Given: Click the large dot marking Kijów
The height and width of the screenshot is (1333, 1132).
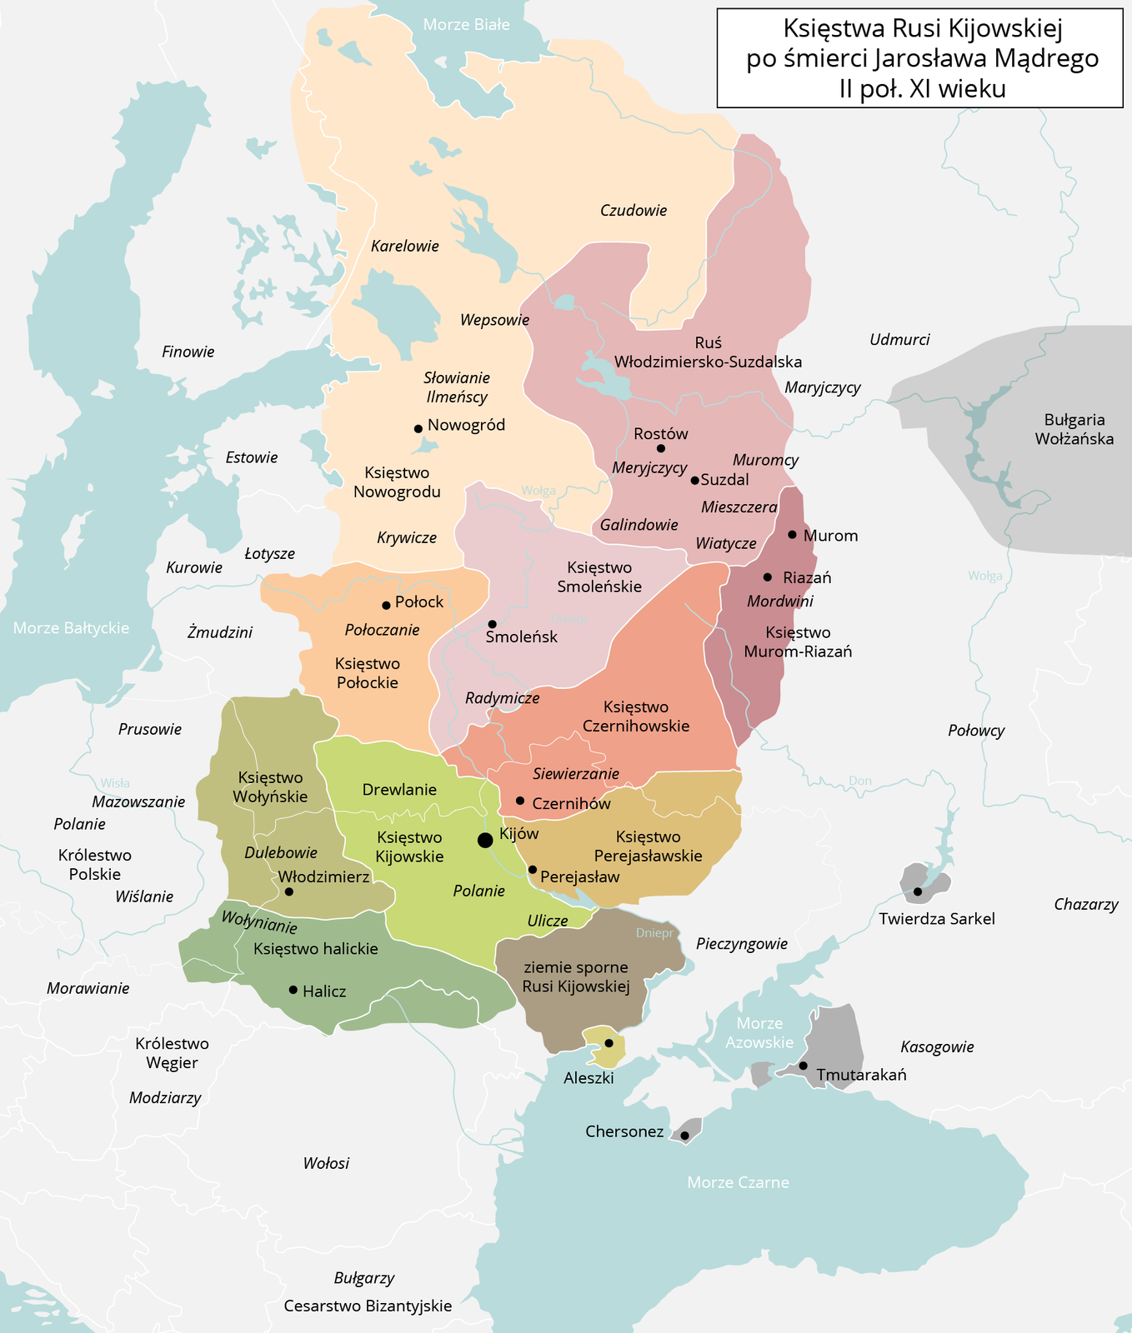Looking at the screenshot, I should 484,840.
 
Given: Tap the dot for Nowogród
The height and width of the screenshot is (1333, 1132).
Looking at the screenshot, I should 418,428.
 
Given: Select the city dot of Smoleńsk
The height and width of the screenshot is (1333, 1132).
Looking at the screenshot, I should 493,624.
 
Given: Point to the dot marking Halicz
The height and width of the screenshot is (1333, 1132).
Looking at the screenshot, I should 293,990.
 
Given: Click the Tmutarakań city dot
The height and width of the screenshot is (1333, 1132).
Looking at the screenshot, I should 804,1066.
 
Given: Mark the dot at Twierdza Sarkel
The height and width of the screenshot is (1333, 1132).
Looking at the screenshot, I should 918,891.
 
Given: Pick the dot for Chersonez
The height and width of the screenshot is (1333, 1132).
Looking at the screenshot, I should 684,1136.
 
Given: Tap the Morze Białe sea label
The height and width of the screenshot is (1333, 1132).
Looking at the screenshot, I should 466,25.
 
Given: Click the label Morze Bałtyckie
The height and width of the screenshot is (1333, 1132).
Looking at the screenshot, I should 71,627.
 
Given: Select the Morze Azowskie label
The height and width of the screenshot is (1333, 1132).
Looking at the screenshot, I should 759,1032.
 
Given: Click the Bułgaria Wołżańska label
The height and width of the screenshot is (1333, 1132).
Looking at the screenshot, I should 1074,429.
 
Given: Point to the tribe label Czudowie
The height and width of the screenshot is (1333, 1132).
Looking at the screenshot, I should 634,211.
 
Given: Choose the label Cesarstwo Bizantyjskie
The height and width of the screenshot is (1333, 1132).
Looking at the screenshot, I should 368,1306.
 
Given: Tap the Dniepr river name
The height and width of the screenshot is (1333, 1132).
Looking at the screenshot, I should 654,933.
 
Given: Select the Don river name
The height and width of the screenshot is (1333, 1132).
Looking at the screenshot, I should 859,781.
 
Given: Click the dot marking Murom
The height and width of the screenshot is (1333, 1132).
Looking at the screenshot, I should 792,534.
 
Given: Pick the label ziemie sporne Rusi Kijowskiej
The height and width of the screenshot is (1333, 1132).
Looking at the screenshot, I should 575,977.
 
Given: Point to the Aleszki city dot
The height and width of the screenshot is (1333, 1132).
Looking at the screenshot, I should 609,1043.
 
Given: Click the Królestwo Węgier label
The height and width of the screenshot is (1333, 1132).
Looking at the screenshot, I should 172,1053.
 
